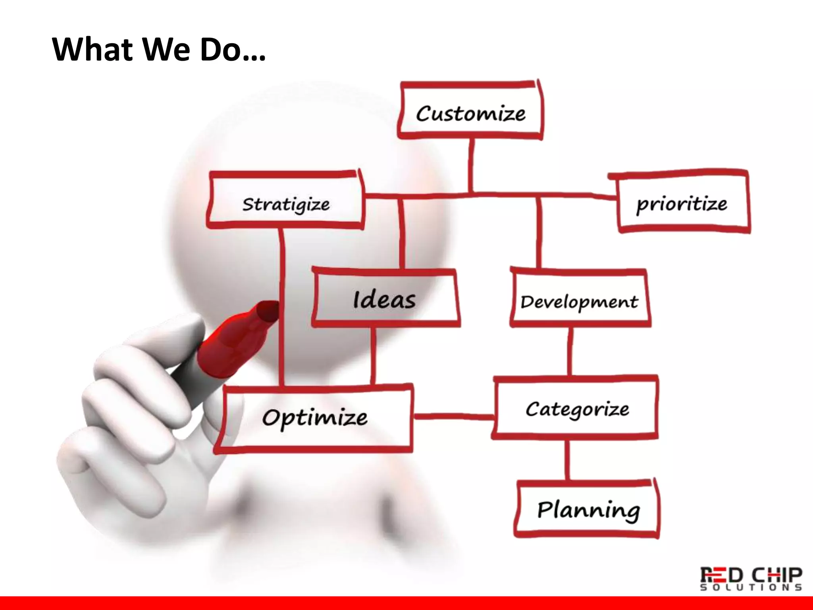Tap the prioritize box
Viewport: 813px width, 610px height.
682,203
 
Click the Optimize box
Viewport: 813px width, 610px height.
314,418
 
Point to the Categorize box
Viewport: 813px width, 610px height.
576,408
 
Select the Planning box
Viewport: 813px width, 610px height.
588,509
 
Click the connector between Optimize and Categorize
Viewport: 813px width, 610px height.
453,416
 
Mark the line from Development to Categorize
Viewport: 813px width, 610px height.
570,351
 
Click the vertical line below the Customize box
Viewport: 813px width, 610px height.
471,165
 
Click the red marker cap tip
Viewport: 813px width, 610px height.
267,310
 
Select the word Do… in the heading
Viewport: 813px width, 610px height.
232,50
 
